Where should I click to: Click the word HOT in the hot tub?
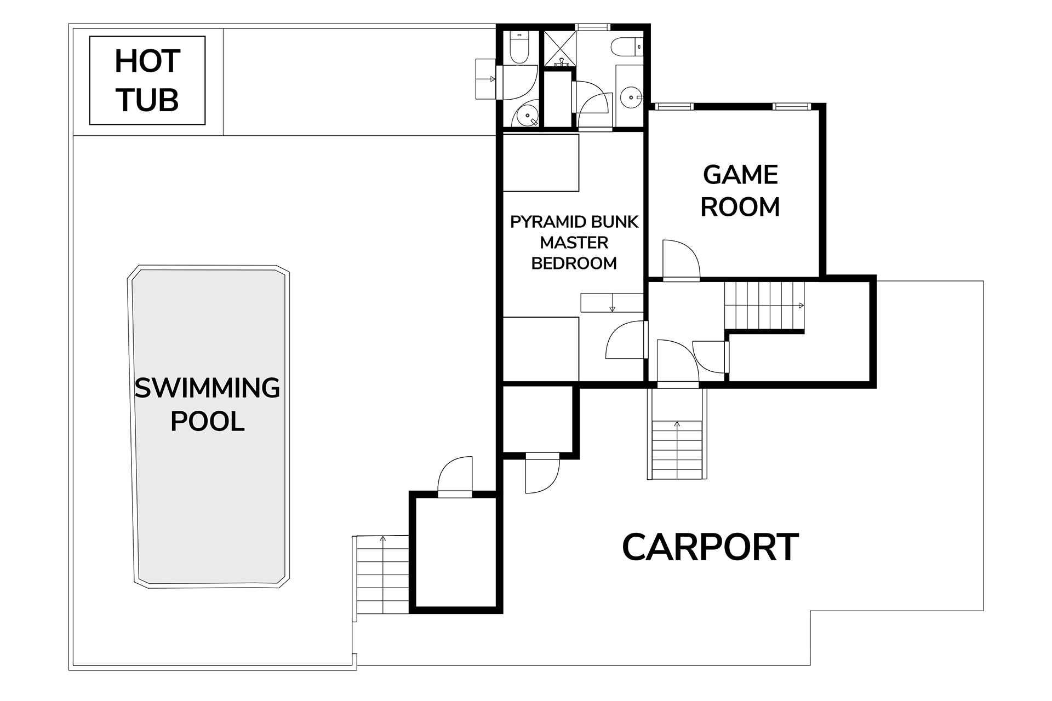[x=147, y=61]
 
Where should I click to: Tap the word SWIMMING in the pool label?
[x=207, y=388]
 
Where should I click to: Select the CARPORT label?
[x=710, y=547]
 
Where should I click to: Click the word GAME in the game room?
[x=740, y=175]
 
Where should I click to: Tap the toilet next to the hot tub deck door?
[x=518, y=47]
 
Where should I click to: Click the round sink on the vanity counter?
[x=631, y=98]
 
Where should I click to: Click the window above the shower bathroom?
[x=592, y=27]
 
